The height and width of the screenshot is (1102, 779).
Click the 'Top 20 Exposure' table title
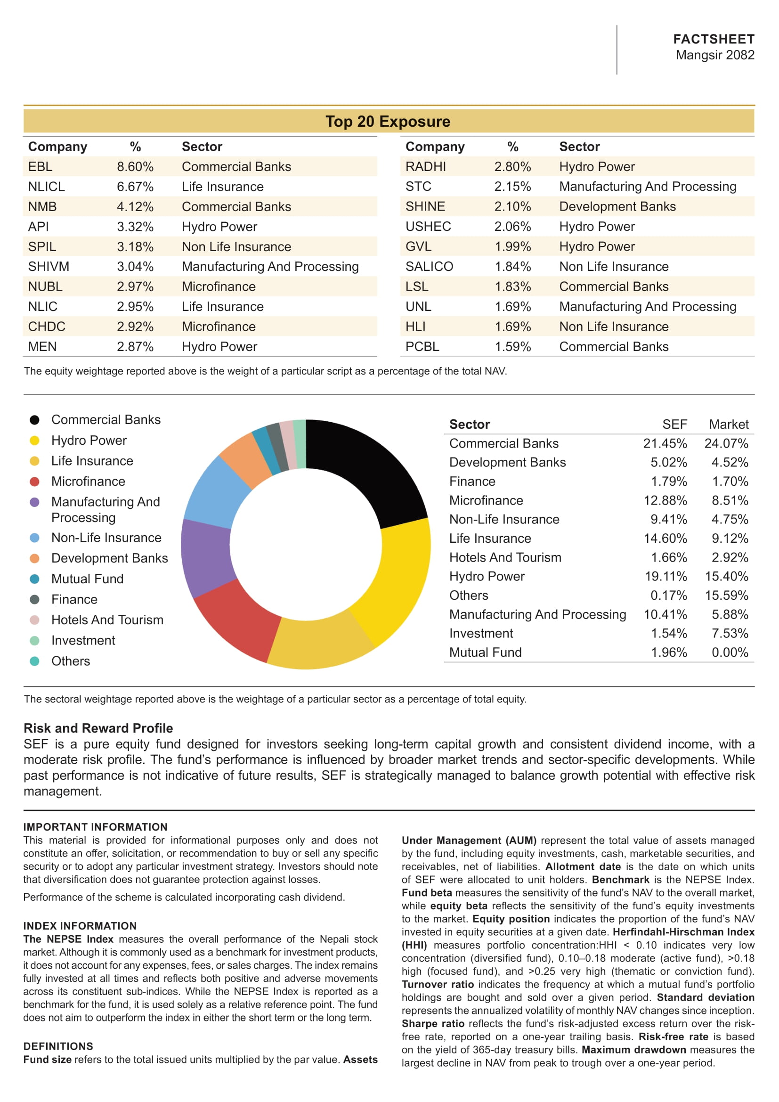click(x=388, y=122)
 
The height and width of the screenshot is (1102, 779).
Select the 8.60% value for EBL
click(x=135, y=166)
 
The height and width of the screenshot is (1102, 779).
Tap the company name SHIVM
click(x=49, y=266)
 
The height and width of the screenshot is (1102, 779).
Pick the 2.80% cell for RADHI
click(x=512, y=166)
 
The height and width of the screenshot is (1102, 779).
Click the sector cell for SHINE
click(x=617, y=206)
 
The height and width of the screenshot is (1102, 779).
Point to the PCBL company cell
click(x=422, y=347)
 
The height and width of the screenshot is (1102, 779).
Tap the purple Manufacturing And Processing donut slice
click(x=206, y=557)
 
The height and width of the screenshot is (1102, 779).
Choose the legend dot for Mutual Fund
click(x=34, y=579)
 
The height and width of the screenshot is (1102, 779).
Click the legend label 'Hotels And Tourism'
click(x=107, y=620)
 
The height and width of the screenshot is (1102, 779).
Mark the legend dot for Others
click(x=34, y=661)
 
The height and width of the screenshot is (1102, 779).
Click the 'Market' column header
click(x=728, y=424)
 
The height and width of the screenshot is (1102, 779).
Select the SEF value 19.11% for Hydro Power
click(x=665, y=576)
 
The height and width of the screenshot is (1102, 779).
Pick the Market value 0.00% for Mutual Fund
click(x=730, y=652)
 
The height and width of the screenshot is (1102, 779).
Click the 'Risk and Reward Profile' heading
click(x=98, y=728)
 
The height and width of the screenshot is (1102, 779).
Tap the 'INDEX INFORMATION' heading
click(x=80, y=926)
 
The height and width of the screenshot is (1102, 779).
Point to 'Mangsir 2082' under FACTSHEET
click(x=715, y=55)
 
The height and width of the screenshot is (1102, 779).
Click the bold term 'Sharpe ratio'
click(x=433, y=1024)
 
